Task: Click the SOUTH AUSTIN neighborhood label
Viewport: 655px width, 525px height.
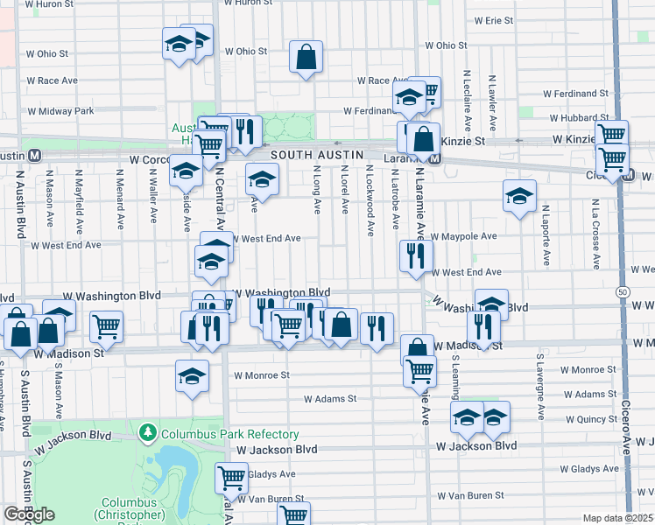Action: tap(317, 155)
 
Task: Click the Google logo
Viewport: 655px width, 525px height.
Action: tap(29, 514)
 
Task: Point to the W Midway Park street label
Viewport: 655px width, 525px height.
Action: tap(60, 111)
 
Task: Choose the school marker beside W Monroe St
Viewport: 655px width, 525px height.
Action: tap(192, 376)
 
